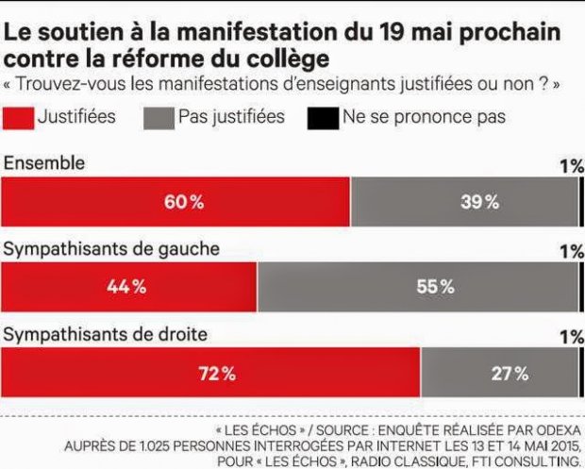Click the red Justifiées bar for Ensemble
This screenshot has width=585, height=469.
[x=175, y=201]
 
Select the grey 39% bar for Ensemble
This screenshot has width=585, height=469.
[x=463, y=201]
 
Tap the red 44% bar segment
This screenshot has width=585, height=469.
[x=129, y=287]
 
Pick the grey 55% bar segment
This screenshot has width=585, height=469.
[x=417, y=287]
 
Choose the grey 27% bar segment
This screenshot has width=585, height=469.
[x=499, y=373]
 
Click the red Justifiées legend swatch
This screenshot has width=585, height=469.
[x=18, y=119]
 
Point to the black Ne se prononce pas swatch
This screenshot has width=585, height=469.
[x=321, y=119]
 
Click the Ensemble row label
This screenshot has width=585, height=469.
[x=44, y=162]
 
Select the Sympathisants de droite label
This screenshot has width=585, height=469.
[x=106, y=335]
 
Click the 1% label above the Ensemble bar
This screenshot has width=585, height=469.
[x=571, y=166]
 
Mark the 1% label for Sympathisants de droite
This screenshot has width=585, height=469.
[x=571, y=337]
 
